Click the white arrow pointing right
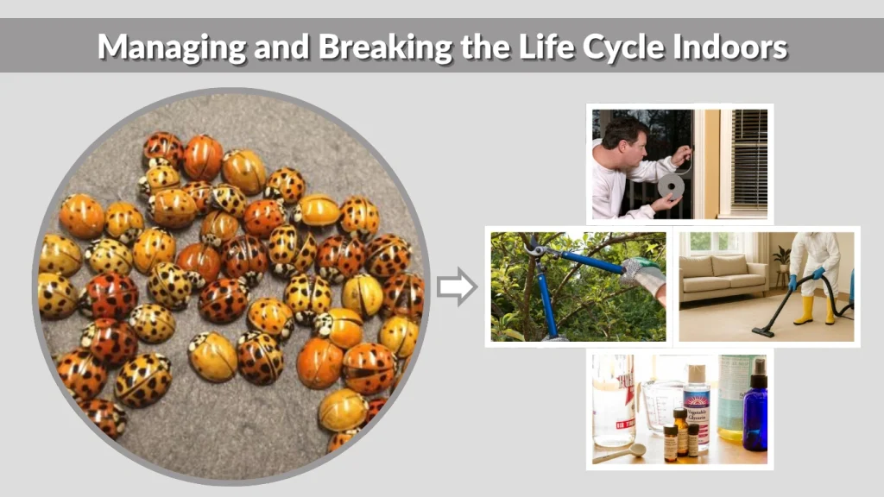(456, 286)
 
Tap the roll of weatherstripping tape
(670, 186)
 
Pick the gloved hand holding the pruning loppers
(642, 277)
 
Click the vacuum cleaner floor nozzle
(762, 330)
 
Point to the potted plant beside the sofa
(781, 260)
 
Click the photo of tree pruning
(576, 286)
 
